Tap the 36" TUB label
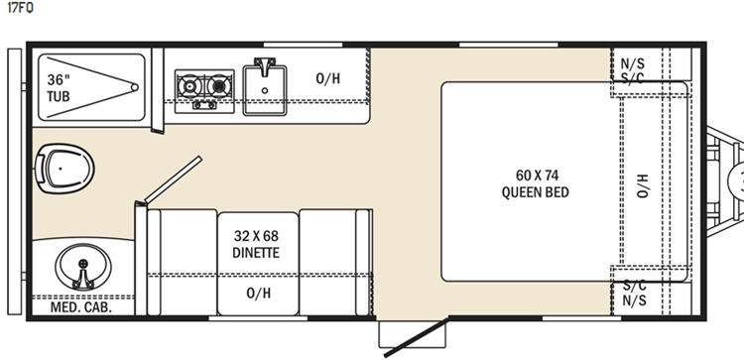tap(58, 88)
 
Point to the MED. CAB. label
tap(81, 307)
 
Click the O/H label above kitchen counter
tap(328, 78)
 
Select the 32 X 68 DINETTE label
tap(257, 244)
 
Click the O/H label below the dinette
tap(257, 293)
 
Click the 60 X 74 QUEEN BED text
tap(536, 183)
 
